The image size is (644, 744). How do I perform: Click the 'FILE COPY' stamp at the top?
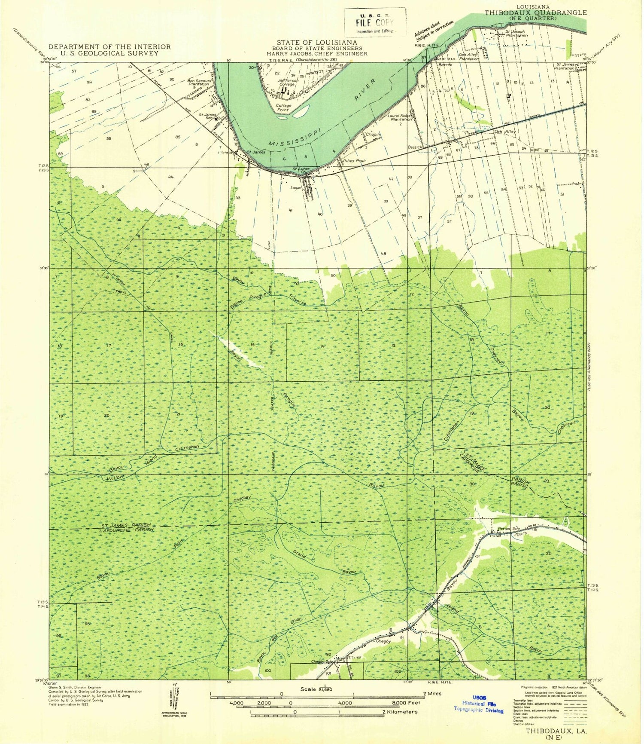coord(374,23)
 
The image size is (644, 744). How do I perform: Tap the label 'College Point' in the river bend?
coord(283,107)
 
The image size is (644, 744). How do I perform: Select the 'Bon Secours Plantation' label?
coord(199,82)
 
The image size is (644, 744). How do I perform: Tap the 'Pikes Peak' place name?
coord(354,161)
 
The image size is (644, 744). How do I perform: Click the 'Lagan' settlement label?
coord(296,187)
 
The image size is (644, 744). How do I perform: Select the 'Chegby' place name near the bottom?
coord(383,641)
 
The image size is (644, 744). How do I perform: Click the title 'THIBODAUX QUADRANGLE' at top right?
coord(535,12)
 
